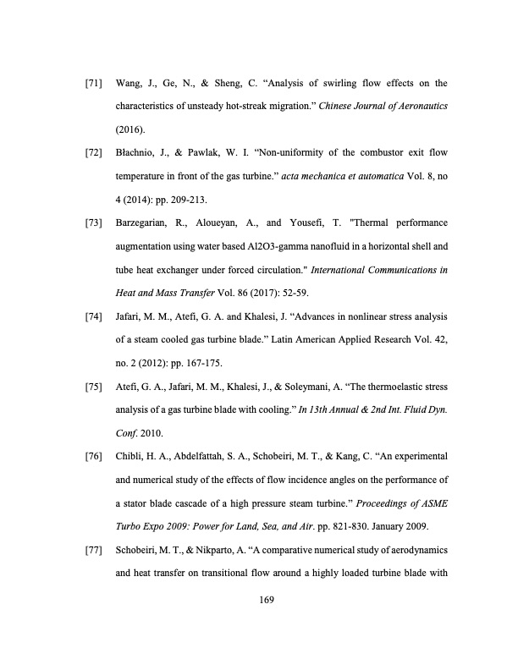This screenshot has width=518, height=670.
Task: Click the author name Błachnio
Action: (135, 155)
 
